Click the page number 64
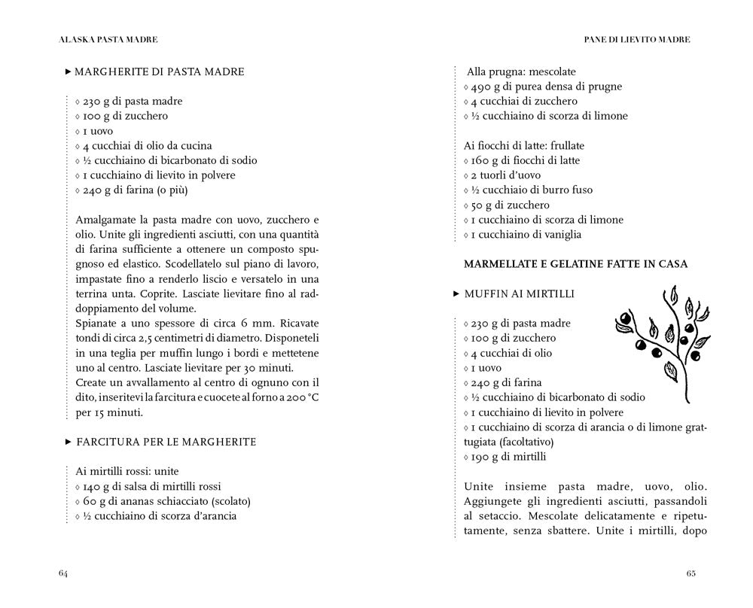[63, 573]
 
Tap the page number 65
[691, 573]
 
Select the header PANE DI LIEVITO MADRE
[637, 38]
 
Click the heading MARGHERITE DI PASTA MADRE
[160, 72]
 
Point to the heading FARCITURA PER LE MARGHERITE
[166, 442]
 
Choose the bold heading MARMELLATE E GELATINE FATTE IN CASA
[575, 264]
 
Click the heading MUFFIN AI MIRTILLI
[519, 293]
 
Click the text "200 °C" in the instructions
[303, 397]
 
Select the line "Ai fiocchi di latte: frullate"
[524, 145]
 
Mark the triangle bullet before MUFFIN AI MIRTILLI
[456, 293]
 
